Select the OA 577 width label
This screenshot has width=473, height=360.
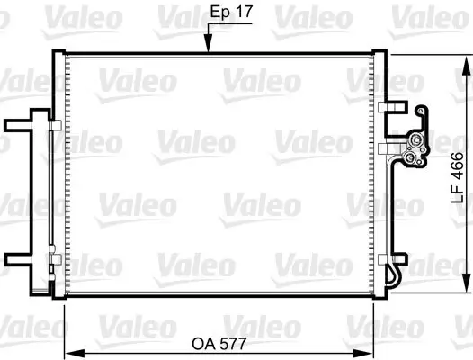click(x=221, y=342)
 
